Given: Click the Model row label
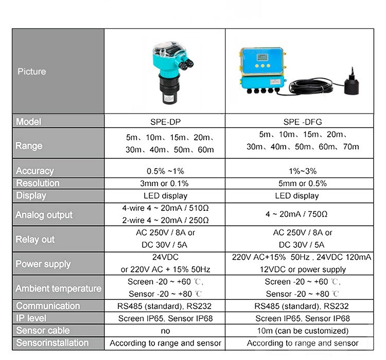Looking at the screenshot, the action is coord(28,122).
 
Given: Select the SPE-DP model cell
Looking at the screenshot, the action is coord(165,122).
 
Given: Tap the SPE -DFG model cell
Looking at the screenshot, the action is coord(303,122).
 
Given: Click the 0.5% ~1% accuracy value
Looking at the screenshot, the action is coord(165,171).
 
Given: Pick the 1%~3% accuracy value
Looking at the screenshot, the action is coord(302,171).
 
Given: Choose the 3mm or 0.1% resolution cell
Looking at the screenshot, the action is coord(165,184).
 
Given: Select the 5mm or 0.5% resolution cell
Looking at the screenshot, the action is coord(302,184).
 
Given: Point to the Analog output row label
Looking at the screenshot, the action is coord(44,215).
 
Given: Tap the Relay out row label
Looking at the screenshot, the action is coord(36,240).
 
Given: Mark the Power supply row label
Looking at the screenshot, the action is coord(43,264).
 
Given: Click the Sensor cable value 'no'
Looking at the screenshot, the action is coord(165,331).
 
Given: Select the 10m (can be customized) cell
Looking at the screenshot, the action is coord(302,331).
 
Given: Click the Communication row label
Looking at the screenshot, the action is coord(48,306).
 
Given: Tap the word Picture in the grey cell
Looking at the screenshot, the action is coord(32,71).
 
